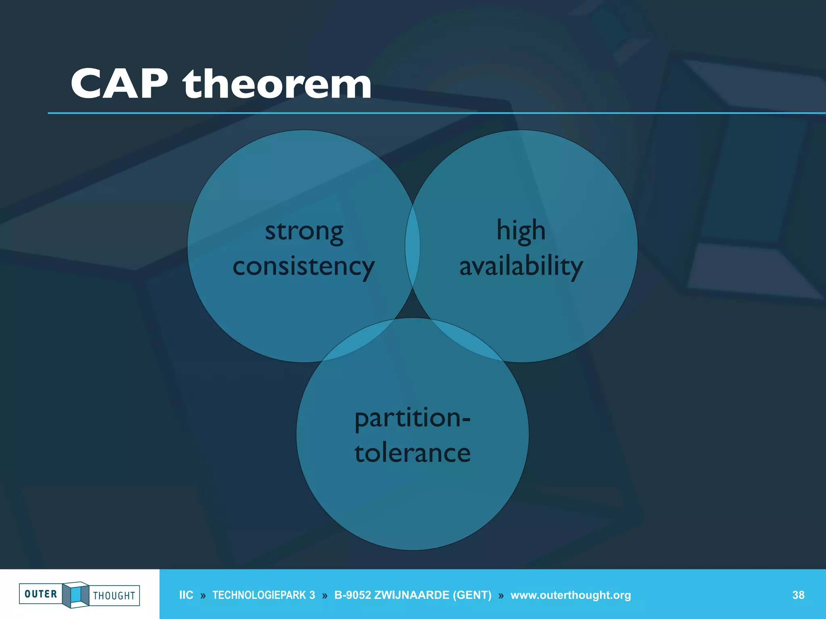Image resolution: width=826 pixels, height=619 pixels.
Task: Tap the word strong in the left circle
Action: click(x=304, y=232)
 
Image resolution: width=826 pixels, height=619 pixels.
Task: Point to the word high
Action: click(x=521, y=231)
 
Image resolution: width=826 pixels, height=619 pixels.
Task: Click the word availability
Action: click(x=521, y=266)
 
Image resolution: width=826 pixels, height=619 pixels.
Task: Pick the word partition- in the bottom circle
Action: click(x=412, y=418)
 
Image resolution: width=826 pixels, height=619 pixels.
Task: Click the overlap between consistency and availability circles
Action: click(x=413, y=246)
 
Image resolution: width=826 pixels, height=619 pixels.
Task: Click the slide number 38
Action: click(x=798, y=595)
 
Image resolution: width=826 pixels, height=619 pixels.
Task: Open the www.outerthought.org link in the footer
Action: click(x=570, y=595)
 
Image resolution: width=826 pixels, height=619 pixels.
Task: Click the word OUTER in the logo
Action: click(x=41, y=594)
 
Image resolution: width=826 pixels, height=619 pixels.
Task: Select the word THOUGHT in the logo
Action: click(x=114, y=596)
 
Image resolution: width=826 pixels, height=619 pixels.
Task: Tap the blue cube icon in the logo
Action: click(x=75, y=594)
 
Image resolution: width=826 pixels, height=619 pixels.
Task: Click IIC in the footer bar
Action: click(x=186, y=595)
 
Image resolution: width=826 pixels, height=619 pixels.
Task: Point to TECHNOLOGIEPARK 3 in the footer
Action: click(x=263, y=595)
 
